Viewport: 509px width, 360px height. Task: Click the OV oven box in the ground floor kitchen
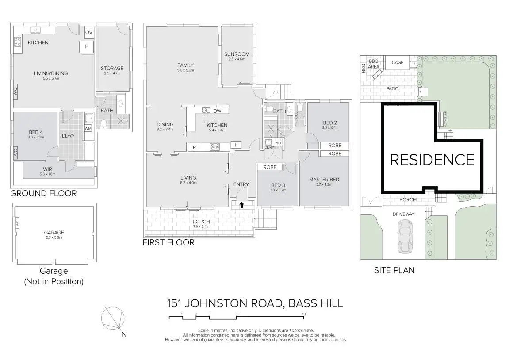89,32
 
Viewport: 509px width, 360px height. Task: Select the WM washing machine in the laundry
88,128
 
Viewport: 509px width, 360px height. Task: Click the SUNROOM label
237,54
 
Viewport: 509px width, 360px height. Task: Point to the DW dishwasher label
217,111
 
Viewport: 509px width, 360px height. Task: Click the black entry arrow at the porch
242,205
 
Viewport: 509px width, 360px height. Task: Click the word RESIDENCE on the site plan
432,159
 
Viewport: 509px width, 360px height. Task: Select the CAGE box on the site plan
398,63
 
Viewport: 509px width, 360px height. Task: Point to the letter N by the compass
124,334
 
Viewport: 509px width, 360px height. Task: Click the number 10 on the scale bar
304,314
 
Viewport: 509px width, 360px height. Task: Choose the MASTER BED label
324,179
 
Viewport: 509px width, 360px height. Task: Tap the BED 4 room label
36,132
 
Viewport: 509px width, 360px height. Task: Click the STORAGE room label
112,68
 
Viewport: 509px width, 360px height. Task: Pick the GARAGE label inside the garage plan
54,232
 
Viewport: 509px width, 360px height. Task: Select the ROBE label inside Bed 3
270,167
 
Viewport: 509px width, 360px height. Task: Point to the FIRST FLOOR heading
168,242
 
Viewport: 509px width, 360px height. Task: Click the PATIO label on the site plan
392,89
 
